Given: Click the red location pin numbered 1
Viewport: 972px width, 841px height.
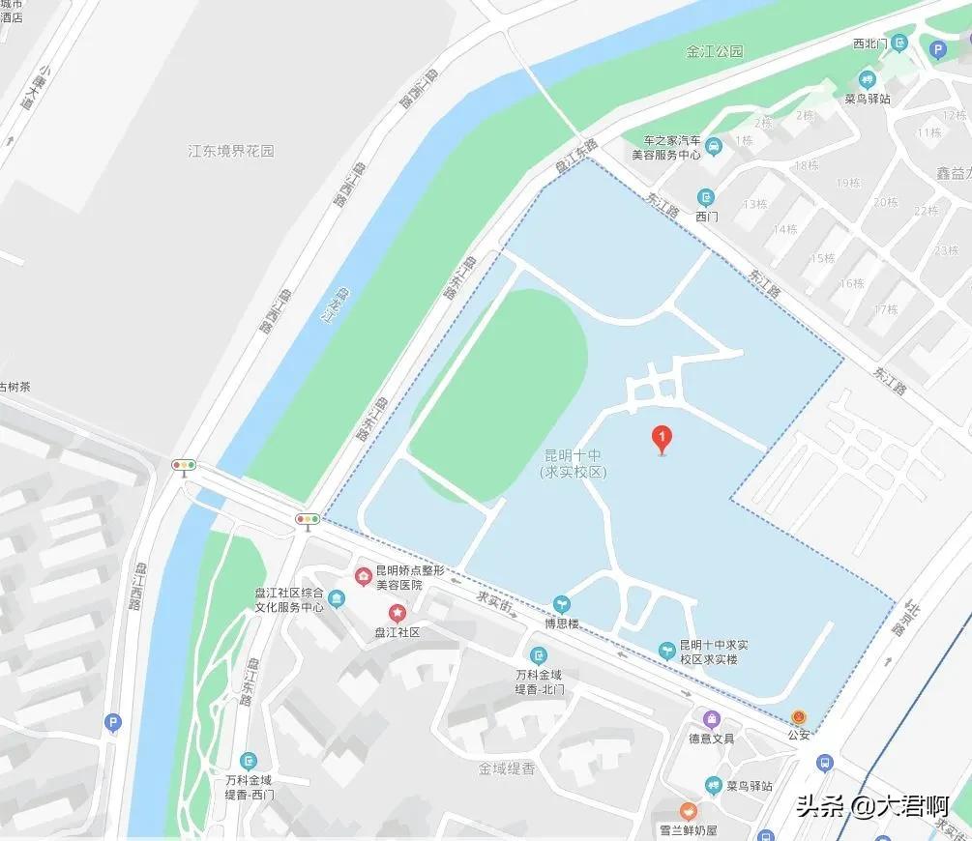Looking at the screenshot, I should (662, 440).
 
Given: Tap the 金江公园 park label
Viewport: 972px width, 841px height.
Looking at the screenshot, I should (715, 51).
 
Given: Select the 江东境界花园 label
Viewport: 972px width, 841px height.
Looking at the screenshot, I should (231, 151).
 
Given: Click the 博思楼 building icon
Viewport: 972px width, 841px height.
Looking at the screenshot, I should (561, 604).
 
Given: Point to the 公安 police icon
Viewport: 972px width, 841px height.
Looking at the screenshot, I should (799, 717).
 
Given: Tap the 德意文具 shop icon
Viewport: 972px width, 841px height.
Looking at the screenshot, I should (712, 718).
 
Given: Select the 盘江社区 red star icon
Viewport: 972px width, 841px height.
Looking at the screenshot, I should (397, 612).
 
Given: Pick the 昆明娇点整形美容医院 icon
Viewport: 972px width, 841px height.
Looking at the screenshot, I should (364, 577).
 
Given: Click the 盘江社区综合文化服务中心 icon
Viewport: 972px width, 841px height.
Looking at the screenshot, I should (336, 599).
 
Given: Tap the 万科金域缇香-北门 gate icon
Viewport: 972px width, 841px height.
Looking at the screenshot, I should (539, 654).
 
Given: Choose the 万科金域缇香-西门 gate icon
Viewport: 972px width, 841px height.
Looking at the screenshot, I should (250, 761).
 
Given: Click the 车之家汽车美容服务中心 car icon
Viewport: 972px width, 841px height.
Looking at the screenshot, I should (713, 147).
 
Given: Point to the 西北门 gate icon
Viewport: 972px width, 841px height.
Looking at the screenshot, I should (899, 43).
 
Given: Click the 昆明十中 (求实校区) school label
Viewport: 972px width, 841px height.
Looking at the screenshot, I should (573, 463).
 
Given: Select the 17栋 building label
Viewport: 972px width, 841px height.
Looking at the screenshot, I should (886, 309).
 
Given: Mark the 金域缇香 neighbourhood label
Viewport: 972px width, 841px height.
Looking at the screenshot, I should (507, 769).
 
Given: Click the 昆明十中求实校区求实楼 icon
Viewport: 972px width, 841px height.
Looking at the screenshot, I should (666, 651).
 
